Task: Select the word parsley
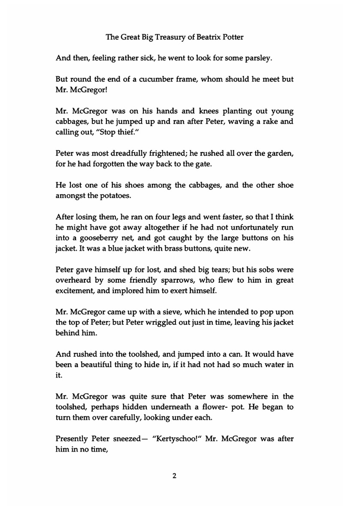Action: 257,58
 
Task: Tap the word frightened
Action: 167,154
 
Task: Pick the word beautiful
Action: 96,365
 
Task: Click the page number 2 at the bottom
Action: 175,476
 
